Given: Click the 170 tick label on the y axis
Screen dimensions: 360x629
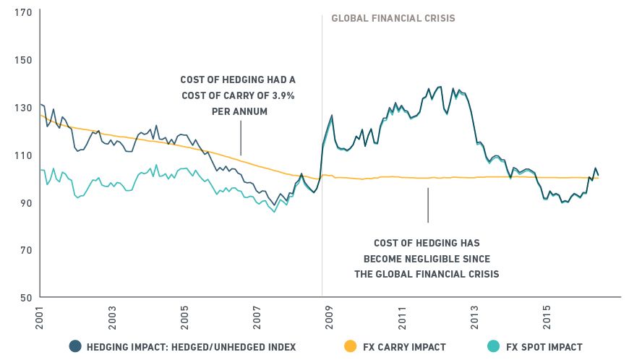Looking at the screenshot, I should point(22,12).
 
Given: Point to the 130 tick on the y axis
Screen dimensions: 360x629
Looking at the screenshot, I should point(22,107).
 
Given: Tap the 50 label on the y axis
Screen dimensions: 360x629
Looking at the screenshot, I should point(25,297).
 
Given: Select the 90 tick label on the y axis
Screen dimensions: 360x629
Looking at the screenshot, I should point(25,202).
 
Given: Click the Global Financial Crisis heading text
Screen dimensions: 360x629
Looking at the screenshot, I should point(393,18).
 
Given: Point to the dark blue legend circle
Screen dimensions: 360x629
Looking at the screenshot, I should point(75,346).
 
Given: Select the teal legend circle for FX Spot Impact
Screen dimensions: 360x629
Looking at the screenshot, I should point(492,346).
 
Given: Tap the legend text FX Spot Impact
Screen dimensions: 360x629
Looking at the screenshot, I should point(544,347).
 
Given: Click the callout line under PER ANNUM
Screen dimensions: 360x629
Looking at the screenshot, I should point(241,137).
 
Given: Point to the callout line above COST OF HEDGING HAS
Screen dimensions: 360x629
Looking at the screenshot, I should point(427,205).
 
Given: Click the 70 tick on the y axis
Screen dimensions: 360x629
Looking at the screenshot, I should point(25,250).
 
